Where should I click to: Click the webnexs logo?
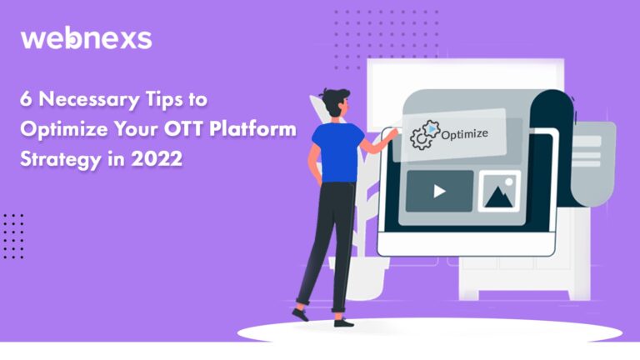(x=86, y=39)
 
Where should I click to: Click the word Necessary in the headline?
(x=89, y=99)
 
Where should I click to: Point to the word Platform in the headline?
(x=252, y=128)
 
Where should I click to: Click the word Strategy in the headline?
(x=60, y=159)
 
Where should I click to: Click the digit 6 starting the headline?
(x=26, y=99)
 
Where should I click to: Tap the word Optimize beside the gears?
(x=464, y=134)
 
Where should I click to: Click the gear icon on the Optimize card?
(x=425, y=135)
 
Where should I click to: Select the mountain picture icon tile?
(x=499, y=191)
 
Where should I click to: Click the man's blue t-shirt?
(x=337, y=152)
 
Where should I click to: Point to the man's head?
(x=336, y=102)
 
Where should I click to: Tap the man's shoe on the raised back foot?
(x=300, y=314)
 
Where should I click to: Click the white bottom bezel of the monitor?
(x=466, y=243)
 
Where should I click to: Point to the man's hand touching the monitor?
(x=391, y=133)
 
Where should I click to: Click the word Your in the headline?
(x=136, y=129)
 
